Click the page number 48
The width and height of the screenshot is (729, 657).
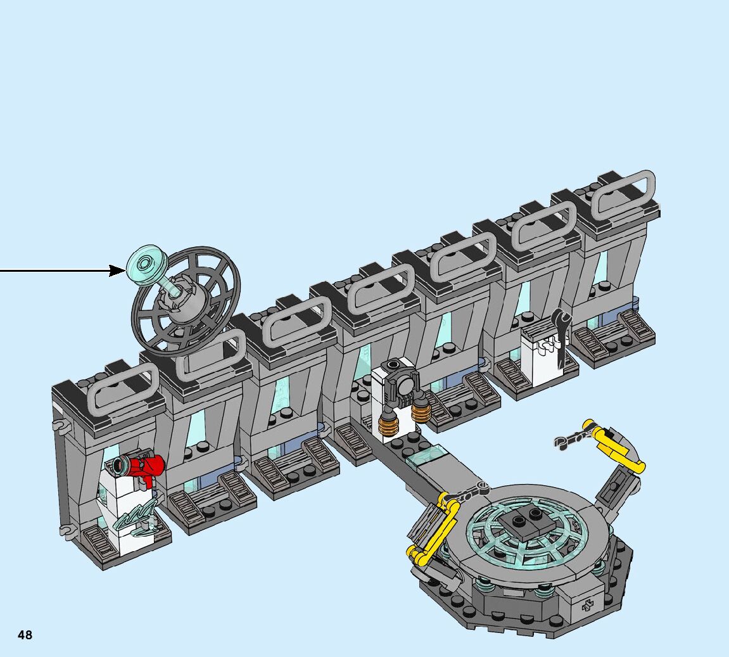point(25,635)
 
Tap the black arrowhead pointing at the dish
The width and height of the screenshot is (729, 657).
point(118,271)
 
